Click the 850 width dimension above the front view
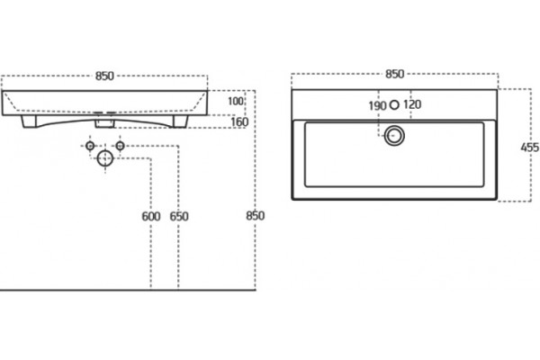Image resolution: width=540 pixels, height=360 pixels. [104, 76]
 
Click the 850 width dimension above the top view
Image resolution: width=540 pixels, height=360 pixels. [394, 74]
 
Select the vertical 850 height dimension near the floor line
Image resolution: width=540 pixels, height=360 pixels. [256, 216]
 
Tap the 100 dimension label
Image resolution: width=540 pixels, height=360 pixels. [236, 102]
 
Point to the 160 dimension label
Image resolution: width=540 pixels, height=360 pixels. [239, 122]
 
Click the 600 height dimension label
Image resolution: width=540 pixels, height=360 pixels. [151, 216]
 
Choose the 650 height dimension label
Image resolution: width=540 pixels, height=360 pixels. [179, 216]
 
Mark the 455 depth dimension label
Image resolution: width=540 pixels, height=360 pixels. [530, 148]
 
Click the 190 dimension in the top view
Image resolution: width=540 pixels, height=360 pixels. [377, 106]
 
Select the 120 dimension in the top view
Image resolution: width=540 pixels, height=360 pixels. [412, 104]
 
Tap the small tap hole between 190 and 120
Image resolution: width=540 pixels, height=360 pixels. [394, 104]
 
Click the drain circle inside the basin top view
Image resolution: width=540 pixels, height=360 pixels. [394, 136]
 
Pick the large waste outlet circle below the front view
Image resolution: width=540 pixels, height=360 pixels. [105, 158]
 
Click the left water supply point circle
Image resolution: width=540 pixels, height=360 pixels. [90, 146]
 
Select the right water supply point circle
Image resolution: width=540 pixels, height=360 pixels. [120, 146]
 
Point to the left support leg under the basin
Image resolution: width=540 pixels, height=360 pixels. [29, 121]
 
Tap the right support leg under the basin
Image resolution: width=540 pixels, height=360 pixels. [180, 121]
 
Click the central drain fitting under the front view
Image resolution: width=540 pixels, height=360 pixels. [104, 122]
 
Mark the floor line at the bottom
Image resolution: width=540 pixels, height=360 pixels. [128, 290]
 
